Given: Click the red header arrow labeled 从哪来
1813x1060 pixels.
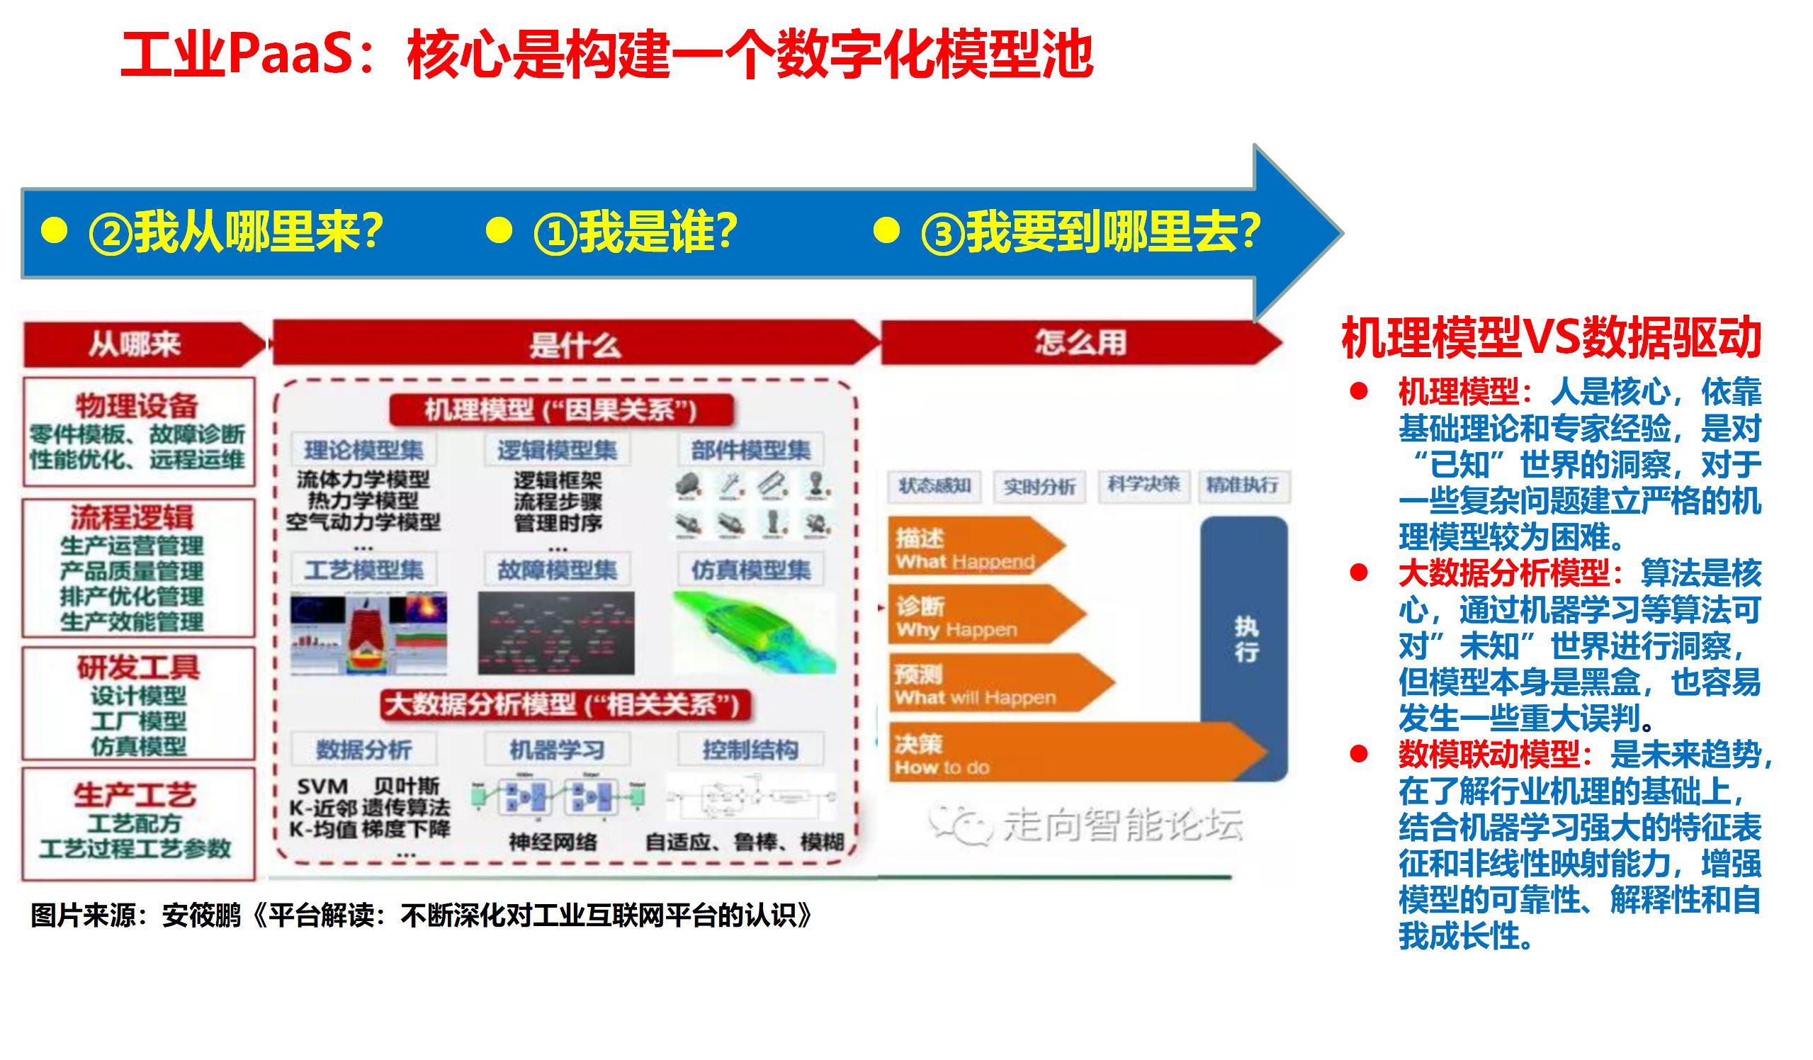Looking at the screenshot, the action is point(137,344).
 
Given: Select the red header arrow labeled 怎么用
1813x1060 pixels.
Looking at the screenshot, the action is point(1079,343).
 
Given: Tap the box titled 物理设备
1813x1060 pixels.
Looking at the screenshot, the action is point(138,431).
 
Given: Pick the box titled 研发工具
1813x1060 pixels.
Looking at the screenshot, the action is point(138,703).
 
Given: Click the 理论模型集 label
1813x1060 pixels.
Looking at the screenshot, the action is point(363,451).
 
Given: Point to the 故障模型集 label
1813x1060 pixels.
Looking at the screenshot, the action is point(557,570).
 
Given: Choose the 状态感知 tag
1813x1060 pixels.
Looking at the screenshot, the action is point(934,486).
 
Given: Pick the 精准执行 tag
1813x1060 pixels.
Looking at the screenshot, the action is point(1243,485).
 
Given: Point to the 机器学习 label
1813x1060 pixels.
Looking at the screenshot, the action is point(557,750).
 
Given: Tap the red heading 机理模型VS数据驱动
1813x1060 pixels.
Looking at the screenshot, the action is point(1550,338).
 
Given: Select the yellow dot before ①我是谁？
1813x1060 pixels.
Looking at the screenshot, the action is point(499,231).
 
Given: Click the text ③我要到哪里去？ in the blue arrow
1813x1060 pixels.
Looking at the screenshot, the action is point(1090,232).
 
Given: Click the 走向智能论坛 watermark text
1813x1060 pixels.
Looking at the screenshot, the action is point(1122,825).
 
